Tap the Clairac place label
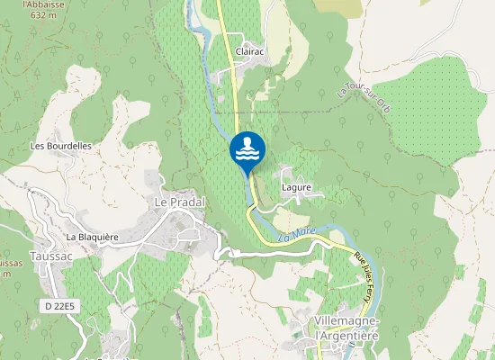tap(249, 52)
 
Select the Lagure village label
tap(296, 187)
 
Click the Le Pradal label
tap(179, 202)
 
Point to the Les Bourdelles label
tap(61, 145)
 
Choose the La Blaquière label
tap(92, 237)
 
